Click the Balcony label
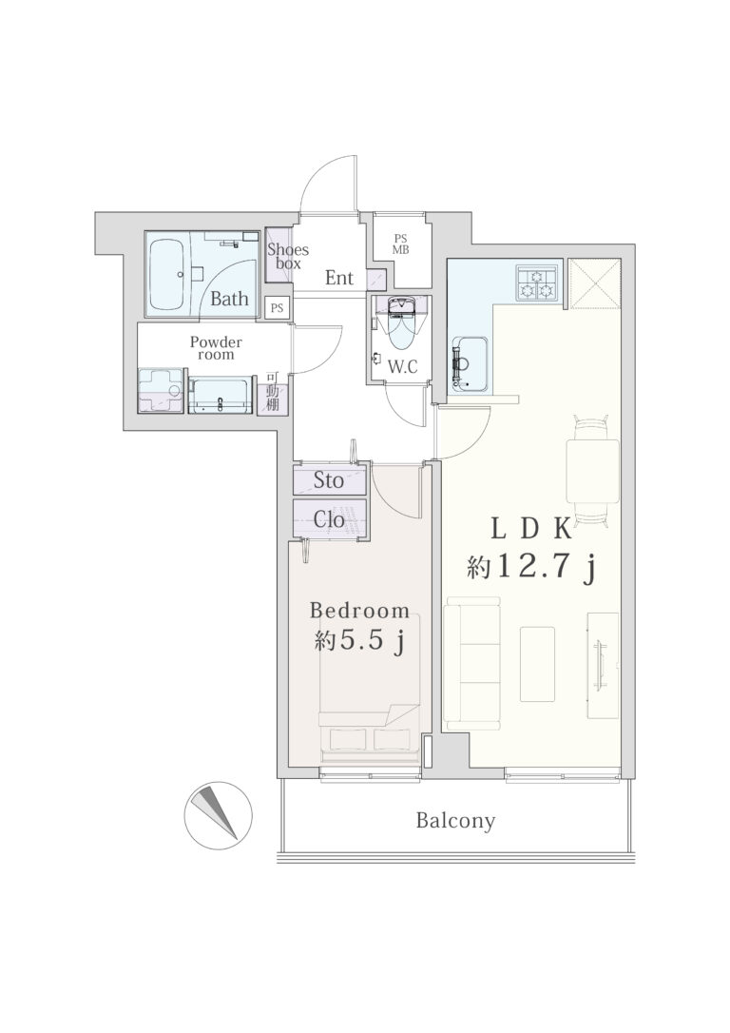(455, 821)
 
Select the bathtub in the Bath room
(168, 275)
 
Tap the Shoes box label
(288, 256)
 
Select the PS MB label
(401, 244)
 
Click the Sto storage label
(328, 480)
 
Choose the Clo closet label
(329, 519)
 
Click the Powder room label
(216, 348)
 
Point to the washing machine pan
(160, 391)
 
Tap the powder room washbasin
(221, 396)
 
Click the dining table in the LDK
(592, 471)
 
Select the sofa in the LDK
(471, 663)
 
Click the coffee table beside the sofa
(537, 664)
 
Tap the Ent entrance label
(339, 278)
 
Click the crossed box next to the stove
(594, 284)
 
